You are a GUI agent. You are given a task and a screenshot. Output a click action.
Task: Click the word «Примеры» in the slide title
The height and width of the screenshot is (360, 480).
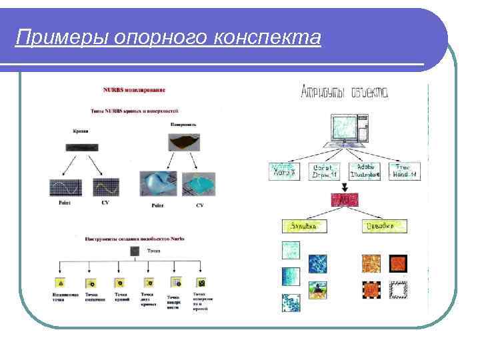click(x=49, y=37)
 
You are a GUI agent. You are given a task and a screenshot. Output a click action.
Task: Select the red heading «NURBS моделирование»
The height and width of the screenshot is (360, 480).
click(x=134, y=89)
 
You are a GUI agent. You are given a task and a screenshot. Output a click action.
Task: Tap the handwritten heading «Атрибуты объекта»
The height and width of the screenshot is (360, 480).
click(x=345, y=92)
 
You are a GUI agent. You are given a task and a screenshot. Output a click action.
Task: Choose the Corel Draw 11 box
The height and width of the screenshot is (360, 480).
click(x=325, y=171)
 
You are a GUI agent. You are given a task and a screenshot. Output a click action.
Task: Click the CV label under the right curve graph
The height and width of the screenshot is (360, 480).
click(x=105, y=203)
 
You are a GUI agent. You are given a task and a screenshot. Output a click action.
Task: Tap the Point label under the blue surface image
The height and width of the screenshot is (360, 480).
click(x=157, y=206)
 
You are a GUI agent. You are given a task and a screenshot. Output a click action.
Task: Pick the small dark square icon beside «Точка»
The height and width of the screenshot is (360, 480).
click(x=135, y=251)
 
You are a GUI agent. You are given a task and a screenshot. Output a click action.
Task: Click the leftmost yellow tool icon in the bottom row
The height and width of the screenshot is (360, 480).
click(x=59, y=282)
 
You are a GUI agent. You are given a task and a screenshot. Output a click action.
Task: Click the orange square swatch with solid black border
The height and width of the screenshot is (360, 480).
click(x=399, y=263)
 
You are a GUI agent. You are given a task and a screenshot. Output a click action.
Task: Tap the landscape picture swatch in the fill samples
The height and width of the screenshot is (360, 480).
click(x=317, y=290)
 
